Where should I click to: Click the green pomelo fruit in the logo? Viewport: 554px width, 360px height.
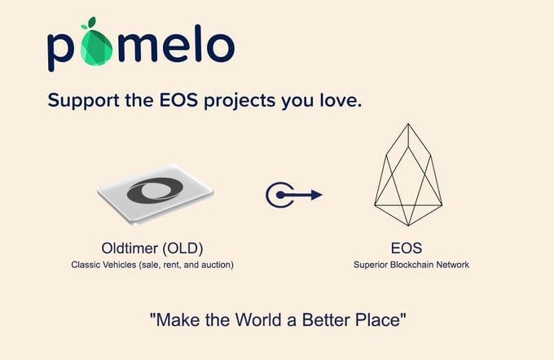[96, 48]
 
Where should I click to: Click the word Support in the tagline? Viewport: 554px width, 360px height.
[83, 101]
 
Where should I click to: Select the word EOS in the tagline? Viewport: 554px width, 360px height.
[178, 100]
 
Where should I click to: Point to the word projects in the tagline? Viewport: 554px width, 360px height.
[240, 101]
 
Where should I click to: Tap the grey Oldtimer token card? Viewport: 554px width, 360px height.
[155, 194]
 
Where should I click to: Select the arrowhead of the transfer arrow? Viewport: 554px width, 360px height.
[317, 195]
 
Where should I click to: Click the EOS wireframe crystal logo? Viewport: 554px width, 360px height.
[408, 174]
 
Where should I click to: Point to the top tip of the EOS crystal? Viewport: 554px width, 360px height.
[408, 124]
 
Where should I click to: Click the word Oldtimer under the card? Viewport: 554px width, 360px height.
[130, 248]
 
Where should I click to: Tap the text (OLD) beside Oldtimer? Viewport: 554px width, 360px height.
[182, 248]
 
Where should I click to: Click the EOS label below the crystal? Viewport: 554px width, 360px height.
[407, 248]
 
